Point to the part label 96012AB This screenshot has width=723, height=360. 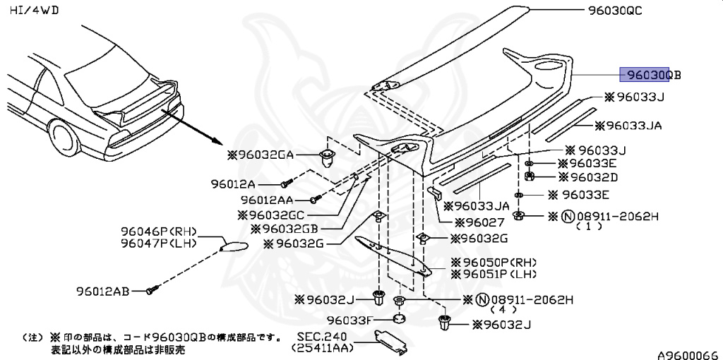pos(102,290)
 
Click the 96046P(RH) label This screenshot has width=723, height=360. pos(158,232)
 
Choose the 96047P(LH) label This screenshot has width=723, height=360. pos(158,244)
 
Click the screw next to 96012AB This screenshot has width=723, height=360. pos(151,289)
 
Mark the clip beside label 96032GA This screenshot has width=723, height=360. pos(326,156)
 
